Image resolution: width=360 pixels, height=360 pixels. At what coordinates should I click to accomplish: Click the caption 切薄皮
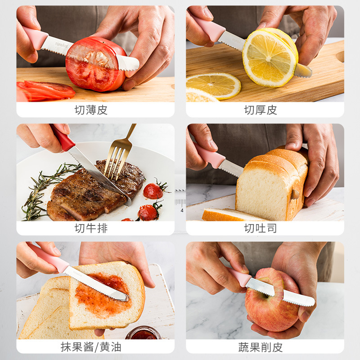[91, 110]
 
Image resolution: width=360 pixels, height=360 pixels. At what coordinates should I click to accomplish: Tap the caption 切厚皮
[261, 110]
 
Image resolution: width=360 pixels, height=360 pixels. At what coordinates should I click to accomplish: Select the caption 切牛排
[91, 228]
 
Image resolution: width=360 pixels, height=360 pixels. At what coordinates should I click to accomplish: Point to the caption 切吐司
[261, 228]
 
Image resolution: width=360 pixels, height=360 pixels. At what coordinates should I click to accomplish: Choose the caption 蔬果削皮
[261, 346]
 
